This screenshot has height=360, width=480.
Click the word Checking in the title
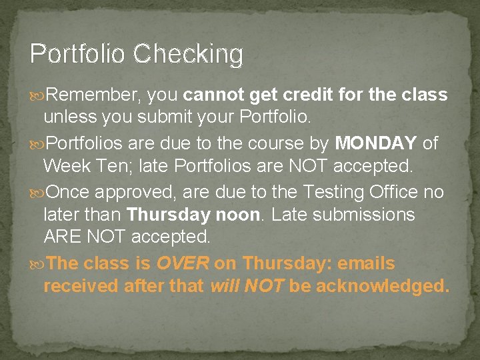pos(188,54)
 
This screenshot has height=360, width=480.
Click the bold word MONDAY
pos(376,143)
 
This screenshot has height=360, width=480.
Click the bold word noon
pos(240,215)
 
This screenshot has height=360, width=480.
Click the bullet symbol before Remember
pos(38,95)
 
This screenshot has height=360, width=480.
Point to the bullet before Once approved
pos(38,193)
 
